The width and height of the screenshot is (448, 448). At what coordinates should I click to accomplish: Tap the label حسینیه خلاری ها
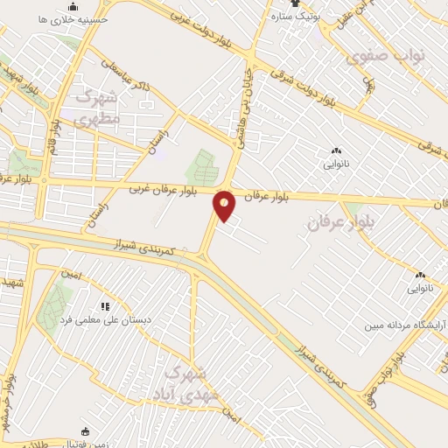(x=80, y=17)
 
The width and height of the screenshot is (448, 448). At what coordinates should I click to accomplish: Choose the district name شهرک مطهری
(x=97, y=107)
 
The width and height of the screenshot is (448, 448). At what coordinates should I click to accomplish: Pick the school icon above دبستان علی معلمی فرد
(x=105, y=307)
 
